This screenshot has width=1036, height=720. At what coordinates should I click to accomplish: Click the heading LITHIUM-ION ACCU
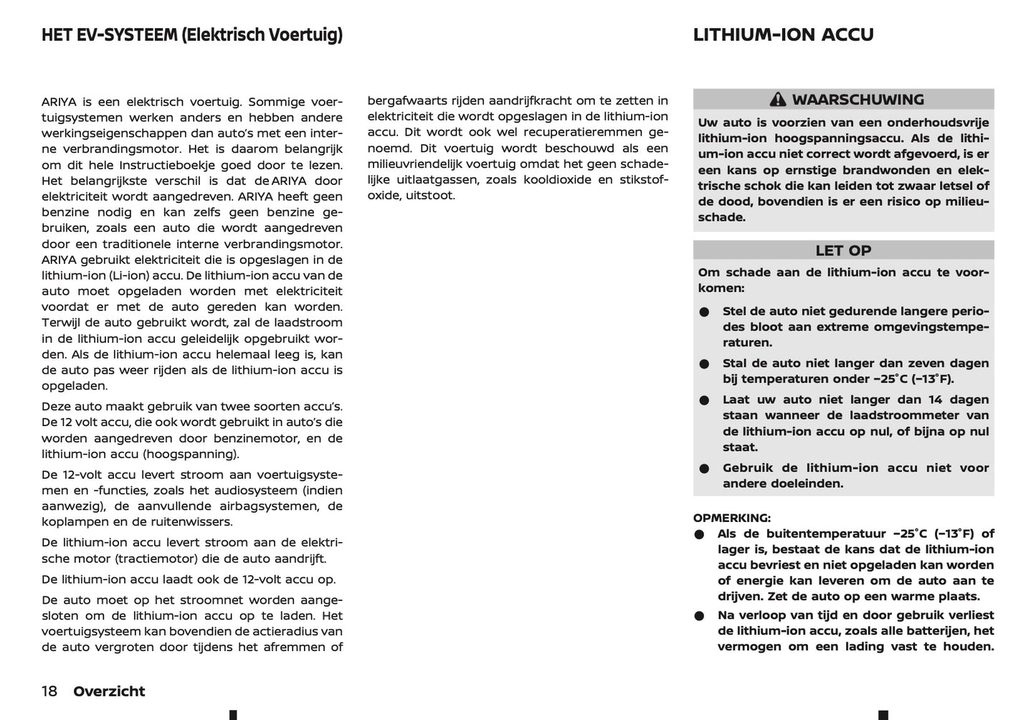[783, 34]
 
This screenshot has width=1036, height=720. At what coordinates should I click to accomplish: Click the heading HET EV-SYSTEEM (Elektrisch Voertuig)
[192, 34]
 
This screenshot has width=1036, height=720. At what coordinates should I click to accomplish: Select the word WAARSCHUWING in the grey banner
[857, 100]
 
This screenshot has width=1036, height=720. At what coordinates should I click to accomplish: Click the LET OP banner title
[843, 250]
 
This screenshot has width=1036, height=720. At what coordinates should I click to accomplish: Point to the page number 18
[49, 691]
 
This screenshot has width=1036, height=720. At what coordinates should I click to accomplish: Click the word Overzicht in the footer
[109, 691]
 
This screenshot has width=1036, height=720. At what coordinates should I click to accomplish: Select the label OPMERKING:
[732, 518]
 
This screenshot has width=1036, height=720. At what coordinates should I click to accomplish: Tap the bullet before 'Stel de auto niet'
[705, 312]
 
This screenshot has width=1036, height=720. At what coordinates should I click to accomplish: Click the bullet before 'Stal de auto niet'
[705, 364]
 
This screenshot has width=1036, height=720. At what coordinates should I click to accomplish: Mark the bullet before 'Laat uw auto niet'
[705, 401]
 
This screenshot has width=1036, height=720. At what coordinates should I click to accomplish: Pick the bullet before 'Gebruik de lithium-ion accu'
[705, 469]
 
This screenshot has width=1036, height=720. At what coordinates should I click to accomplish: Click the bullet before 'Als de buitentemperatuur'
[700, 535]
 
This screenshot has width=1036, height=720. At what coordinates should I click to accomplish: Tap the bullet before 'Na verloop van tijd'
[700, 616]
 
